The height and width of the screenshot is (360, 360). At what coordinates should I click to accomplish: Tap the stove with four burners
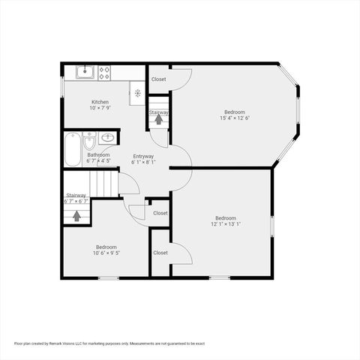(x=104, y=73)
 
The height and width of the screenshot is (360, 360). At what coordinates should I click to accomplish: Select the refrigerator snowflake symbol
(x=138, y=93)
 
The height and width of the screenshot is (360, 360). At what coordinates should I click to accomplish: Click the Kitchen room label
(x=100, y=102)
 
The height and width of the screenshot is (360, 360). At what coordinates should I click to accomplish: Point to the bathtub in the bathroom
(x=72, y=150)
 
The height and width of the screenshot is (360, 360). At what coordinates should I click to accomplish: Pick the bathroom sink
(x=106, y=138)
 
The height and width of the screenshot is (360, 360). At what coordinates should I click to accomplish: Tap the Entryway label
(x=143, y=156)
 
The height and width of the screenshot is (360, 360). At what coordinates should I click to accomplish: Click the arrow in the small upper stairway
(x=158, y=119)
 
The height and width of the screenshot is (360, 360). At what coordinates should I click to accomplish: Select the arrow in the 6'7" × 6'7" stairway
(x=76, y=216)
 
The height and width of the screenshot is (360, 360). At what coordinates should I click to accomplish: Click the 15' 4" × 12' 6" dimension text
(x=235, y=118)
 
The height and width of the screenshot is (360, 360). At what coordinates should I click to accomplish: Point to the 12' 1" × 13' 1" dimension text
(x=226, y=224)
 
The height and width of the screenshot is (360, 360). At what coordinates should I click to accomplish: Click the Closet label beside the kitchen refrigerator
(x=159, y=79)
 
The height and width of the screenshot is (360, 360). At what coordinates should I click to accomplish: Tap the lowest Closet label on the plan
(x=160, y=253)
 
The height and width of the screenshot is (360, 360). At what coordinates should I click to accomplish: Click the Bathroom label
(x=98, y=154)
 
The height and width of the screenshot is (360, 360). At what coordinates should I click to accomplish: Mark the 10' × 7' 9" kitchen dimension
(x=100, y=108)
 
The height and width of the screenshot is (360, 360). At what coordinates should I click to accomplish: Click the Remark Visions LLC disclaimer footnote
(x=109, y=343)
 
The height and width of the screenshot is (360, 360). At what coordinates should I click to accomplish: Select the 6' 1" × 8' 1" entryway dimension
(x=143, y=162)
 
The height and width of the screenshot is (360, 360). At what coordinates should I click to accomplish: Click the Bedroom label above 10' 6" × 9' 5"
(x=106, y=247)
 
